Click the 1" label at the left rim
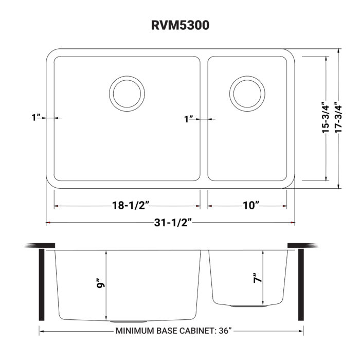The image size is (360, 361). pyautogui.click(x=35, y=118)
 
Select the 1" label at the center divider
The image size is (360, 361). pyautogui.click(x=189, y=119)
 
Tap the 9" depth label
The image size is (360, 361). pyautogui.click(x=101, y=284)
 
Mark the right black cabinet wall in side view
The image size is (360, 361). pyautogui.click(x=301, y=285)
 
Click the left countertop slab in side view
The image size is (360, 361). pyautogui.click(x=41, y=245)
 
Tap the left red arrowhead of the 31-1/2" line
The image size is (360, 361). pyautogui.click(x=48, y=223)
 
